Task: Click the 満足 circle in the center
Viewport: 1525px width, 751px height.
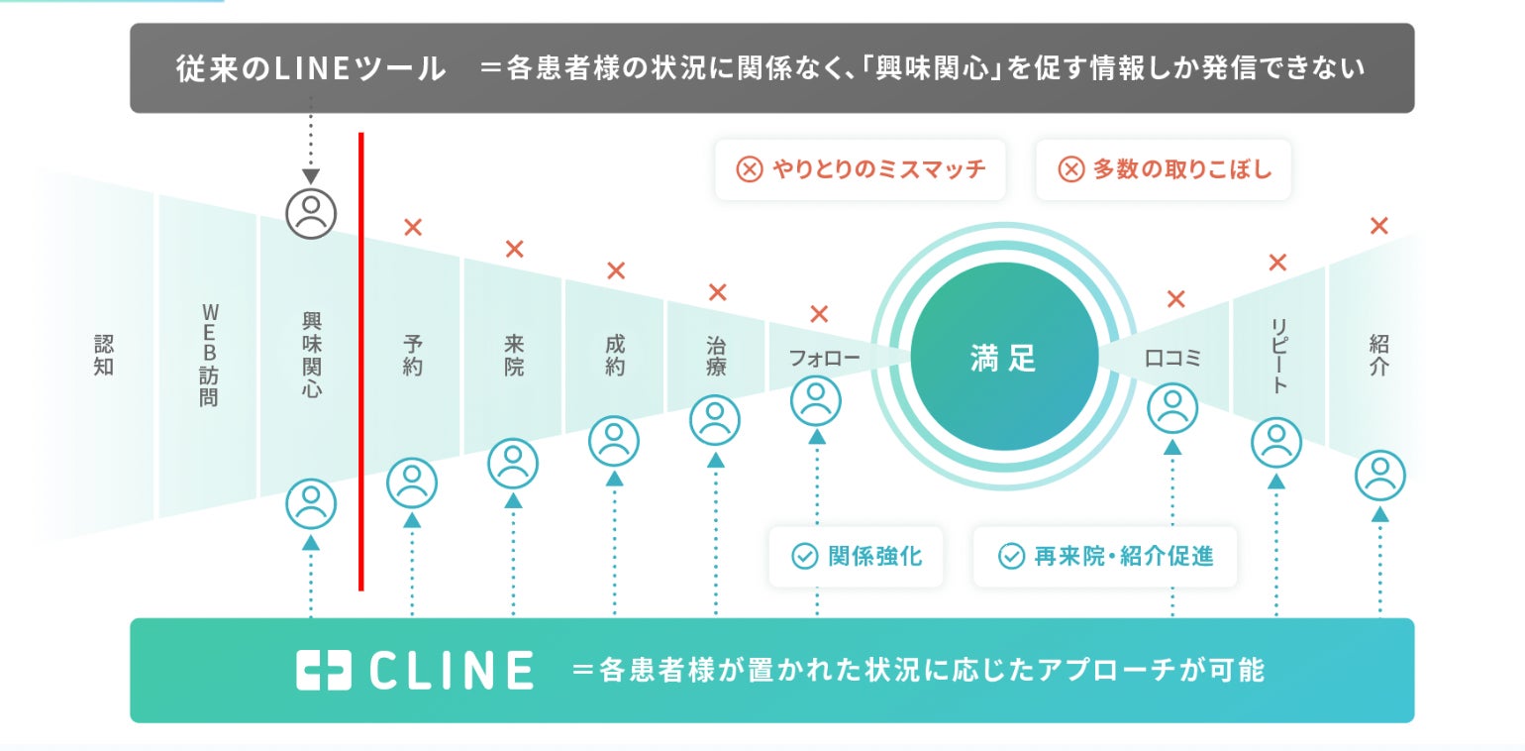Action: coord(1004,357)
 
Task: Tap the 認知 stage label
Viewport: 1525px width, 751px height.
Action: coord(104,355)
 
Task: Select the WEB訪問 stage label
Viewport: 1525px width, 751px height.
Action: coord(208,355)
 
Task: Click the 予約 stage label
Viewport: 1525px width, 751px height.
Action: coord(413,355)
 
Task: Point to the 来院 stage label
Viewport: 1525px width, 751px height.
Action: coord(513,355)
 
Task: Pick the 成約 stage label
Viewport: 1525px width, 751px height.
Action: coord(614,355)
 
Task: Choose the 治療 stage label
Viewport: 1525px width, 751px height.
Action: coord(716,355)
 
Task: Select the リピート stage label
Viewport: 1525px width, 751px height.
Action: coord(1277,355)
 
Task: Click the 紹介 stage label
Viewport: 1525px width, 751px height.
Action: coord(1378,355)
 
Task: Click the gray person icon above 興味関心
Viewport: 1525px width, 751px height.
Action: coord(311,213)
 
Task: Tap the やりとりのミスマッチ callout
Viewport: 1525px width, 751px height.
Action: coord(861,169)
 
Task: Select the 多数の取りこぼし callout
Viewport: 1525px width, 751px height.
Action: coord(1165,169)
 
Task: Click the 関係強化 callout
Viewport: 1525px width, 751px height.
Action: coord(858,556)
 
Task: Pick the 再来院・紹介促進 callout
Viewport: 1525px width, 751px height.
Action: coord(1105,556)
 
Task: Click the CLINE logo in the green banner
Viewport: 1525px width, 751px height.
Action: coord(414,671)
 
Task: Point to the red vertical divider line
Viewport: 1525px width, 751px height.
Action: coord(360,362)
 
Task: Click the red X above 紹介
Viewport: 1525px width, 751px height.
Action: coord(1378,226)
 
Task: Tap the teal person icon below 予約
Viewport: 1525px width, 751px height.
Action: coord(412,483)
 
